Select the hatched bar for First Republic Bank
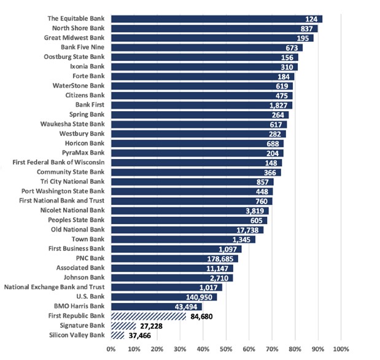click(148, 316)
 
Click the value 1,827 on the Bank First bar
click(279, 105)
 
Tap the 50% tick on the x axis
click(226, 350)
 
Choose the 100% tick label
click(341, 350)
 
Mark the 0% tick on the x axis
click(111, 350)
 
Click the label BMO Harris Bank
click(80, 306)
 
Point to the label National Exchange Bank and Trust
click(55, 287)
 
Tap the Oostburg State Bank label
click(74, 57)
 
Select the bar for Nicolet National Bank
click(190, 211)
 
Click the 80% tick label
click(295, 350)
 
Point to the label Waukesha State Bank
click(73, 124)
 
